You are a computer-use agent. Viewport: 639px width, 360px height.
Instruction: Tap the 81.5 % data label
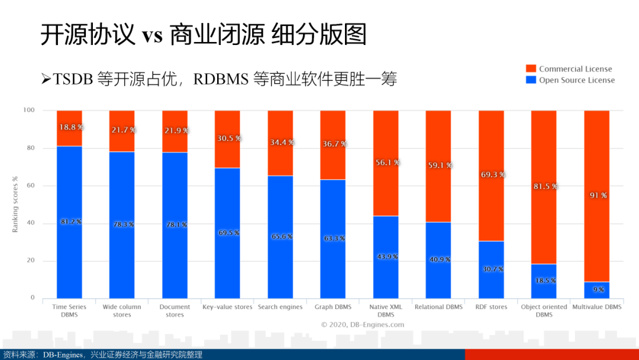coord(543,186)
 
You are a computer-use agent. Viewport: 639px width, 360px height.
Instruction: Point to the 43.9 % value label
coord(386,256)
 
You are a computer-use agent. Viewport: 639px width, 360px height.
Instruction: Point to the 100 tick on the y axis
coord(29,110)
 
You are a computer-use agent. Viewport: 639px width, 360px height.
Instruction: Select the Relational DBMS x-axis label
coord(438,307)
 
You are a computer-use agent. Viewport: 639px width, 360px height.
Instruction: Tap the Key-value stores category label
coord(227,307)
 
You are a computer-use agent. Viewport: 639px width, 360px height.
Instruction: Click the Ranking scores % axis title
coord(15,204)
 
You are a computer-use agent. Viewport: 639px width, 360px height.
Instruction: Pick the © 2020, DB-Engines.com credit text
coord(363,324)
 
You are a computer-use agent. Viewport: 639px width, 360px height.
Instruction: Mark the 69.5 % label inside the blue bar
coord(228,233)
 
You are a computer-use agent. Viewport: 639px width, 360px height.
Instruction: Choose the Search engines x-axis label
coord(280,307)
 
